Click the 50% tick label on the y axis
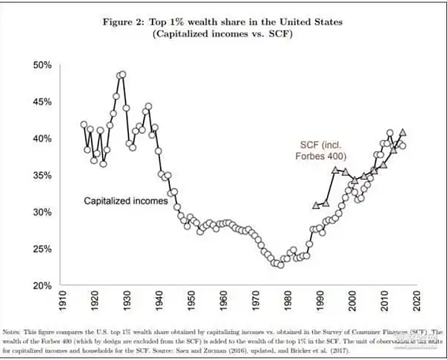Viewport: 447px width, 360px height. (x=42, y=66)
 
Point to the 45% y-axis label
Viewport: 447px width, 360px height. (x=42, y=102)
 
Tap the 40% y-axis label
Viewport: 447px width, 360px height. (x=42, y=139)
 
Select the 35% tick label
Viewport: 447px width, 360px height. (x=42, y=176)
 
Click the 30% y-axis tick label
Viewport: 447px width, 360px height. (x=42, y=212)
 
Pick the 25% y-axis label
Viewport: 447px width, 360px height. (x=42, y=249)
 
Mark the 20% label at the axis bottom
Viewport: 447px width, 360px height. (x=42, y=285)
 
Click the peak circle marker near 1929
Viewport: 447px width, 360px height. (x=122, y=75)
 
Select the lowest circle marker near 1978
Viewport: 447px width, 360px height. (x=281, y=265)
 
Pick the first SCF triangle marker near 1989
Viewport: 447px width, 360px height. (x=316, y=205)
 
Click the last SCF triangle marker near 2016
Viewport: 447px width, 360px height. (x=403, y=131)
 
